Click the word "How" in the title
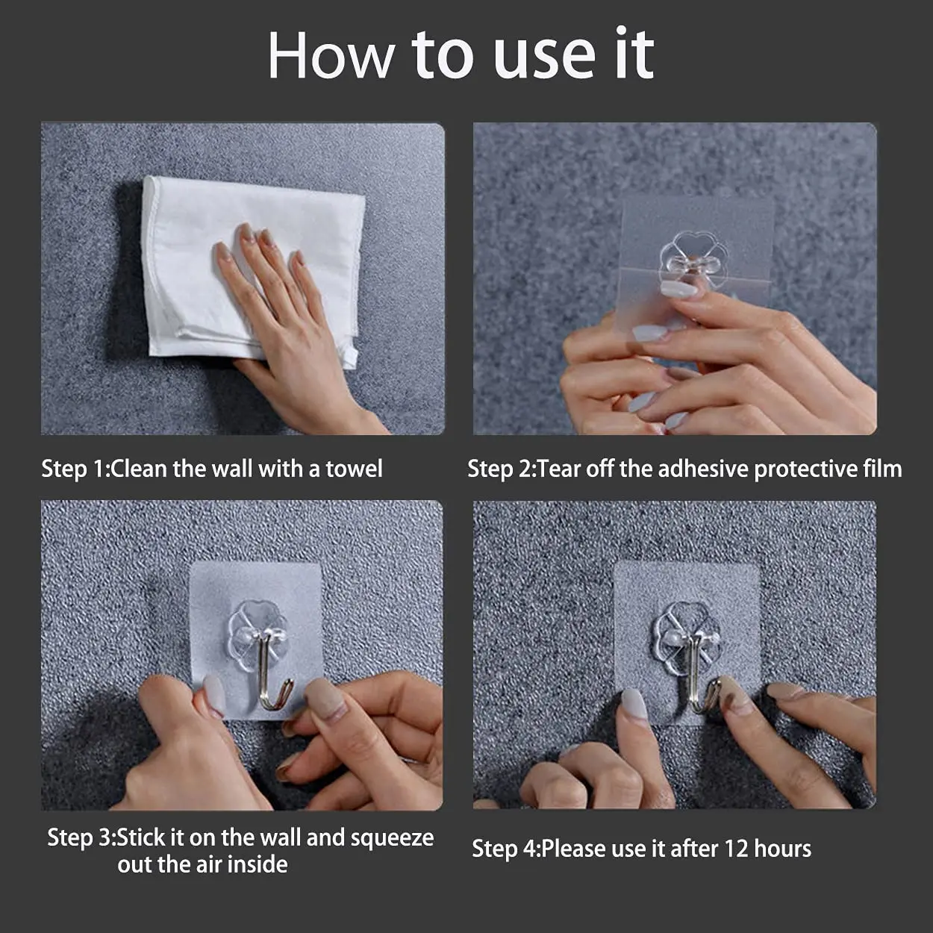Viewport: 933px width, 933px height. tap(331, 55)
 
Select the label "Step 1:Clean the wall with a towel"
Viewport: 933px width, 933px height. tap(212, 469)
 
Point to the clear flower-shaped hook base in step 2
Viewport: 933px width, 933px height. tap(693, 258)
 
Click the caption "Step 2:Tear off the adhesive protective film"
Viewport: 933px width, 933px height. tap(684, 469)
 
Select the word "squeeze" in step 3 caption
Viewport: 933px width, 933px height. tap(392, 838)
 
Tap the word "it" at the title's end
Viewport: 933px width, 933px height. tap(634, 55)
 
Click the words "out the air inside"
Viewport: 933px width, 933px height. tap(202, 864)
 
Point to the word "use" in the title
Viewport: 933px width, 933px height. tap(544, 55)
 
